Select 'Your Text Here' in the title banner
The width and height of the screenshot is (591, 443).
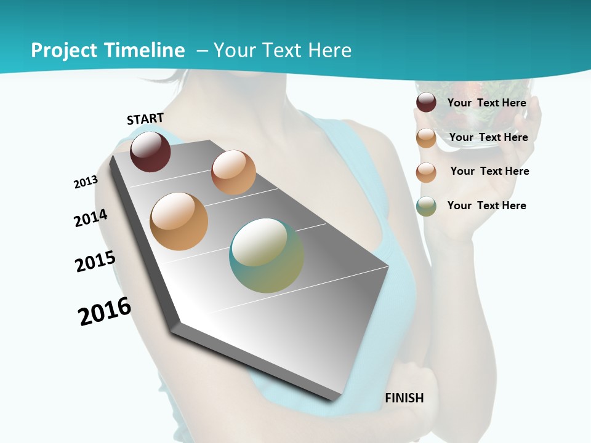coord(283,50)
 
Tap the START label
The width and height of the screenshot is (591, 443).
coord(145,119)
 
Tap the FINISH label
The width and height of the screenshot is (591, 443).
coord(404,398)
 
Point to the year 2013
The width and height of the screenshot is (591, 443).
coord(86,182)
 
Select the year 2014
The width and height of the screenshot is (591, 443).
coord(90,218)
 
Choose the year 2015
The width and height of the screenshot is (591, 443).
coord(95,261)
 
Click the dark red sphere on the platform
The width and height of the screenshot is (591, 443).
coord(150,151)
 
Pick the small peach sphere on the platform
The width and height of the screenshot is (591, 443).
coord(233,172)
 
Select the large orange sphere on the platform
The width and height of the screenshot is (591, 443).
coord(179,221)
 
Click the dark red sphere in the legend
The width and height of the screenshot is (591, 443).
coord(426,103)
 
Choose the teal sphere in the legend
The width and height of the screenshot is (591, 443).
coord(426,206)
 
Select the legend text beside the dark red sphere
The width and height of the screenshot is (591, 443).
coord(486,103)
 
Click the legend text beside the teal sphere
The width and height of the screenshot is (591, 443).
coord(486,206)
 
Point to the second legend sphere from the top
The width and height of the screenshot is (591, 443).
coord(426,138)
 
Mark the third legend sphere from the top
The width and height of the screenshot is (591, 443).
coord(426,172)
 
